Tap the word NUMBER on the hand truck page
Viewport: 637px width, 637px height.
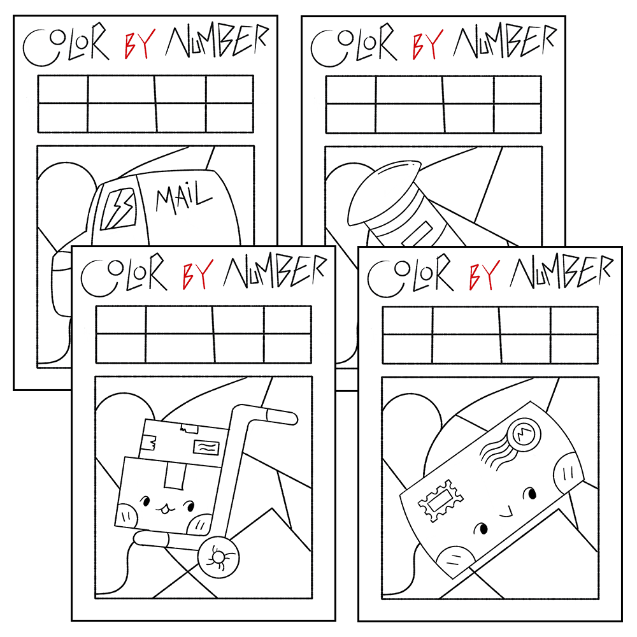click(x=275, y=272)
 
